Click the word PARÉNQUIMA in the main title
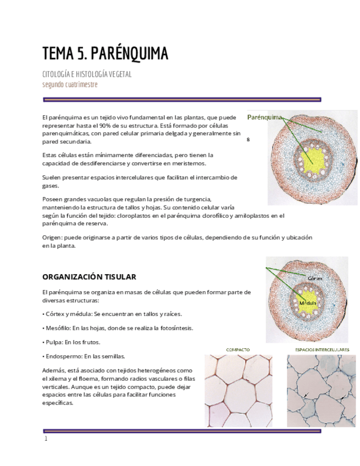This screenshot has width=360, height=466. point(129,54)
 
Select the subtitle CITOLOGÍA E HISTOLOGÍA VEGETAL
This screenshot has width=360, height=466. point(87,74)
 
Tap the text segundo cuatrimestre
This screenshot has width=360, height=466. point(70,85)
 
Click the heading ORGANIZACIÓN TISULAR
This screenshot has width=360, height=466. point(89,276)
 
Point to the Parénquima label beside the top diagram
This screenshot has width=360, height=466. point(264,117)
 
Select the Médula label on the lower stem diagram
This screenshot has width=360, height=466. point(307,303)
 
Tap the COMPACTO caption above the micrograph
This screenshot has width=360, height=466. point(238,349)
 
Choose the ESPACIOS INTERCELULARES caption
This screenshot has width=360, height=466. point(322,349)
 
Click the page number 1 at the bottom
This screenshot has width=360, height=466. point(46,439)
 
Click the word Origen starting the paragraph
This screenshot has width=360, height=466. point(52,237)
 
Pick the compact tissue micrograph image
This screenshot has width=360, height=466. point(238,390)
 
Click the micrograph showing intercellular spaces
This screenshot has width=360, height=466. point(321,390)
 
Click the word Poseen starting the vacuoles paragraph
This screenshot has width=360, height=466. point(53,199)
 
